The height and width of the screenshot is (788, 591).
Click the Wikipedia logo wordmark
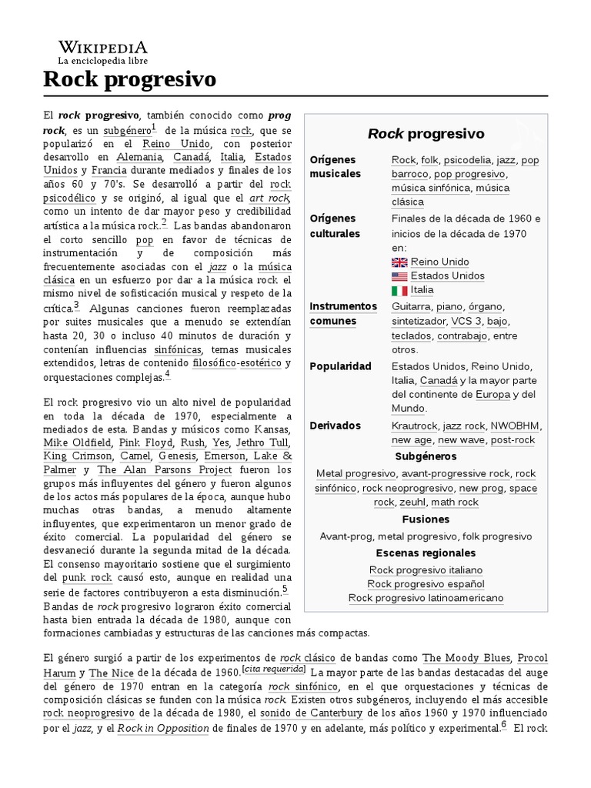[103, 48]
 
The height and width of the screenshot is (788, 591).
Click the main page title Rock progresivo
[129, 79]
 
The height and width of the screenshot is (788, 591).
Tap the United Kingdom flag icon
[399, 262]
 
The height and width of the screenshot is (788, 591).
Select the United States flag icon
[399, 275]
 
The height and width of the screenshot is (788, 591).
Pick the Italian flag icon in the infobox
[399, 290]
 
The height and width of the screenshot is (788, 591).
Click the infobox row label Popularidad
[340, 366]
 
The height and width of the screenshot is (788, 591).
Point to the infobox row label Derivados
[336, 426]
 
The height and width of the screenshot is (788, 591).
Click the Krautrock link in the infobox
[414, 426]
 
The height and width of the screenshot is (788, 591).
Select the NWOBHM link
[516, 426]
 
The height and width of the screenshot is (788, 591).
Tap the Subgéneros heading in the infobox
[426, 456]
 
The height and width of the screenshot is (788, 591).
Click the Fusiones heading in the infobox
[426, 519]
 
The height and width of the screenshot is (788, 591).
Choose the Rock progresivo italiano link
[426, 570]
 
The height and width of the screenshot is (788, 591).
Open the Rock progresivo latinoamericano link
[426, 598]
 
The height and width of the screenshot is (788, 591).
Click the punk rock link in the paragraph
[88, 577]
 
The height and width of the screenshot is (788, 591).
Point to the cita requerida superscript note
[274, 670]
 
